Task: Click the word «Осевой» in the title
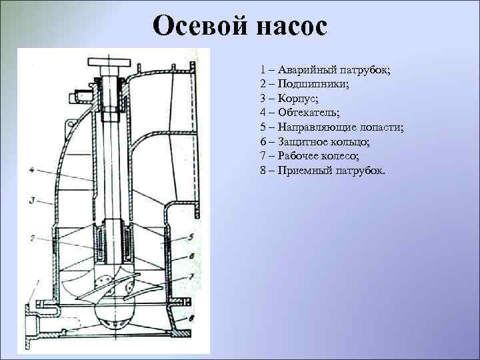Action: coord(197,27)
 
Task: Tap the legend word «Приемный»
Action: coord(305,171)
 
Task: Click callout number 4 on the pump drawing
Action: coord(32,170)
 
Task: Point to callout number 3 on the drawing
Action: coord(32,199)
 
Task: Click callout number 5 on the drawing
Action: coord(191,236)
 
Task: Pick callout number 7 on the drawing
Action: coord(191,275)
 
